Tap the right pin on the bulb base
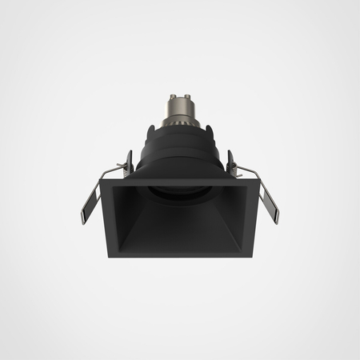pyautogui.click(x=189, y=97)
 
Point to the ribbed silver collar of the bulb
pyautogui.click(x=179, y=122)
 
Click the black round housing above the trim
pyautogui.click(x=179, y=156)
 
